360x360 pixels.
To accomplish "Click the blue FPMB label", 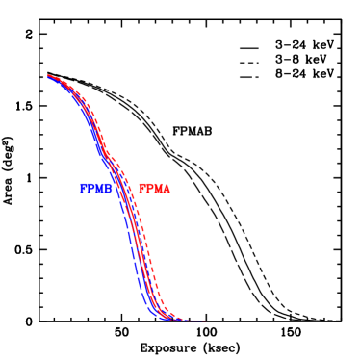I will tap(96, 190).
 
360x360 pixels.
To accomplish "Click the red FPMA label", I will tap(154, 190).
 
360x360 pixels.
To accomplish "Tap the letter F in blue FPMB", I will tap(84, 190).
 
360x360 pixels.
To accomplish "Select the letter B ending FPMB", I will tap(110, 190).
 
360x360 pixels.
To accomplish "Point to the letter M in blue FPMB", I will tap(100, 190).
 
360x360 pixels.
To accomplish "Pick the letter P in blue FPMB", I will tap(91, 190).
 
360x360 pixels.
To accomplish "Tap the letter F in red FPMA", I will tap(141, 190).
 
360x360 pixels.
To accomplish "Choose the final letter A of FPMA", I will tap(167, 190).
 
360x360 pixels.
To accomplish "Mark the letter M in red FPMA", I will tap(158, 190).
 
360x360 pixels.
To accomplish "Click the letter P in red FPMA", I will tap(149, 190).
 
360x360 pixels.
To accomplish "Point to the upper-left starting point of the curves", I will tap(48, 76).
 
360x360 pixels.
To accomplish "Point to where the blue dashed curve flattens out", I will tap(160, 317).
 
